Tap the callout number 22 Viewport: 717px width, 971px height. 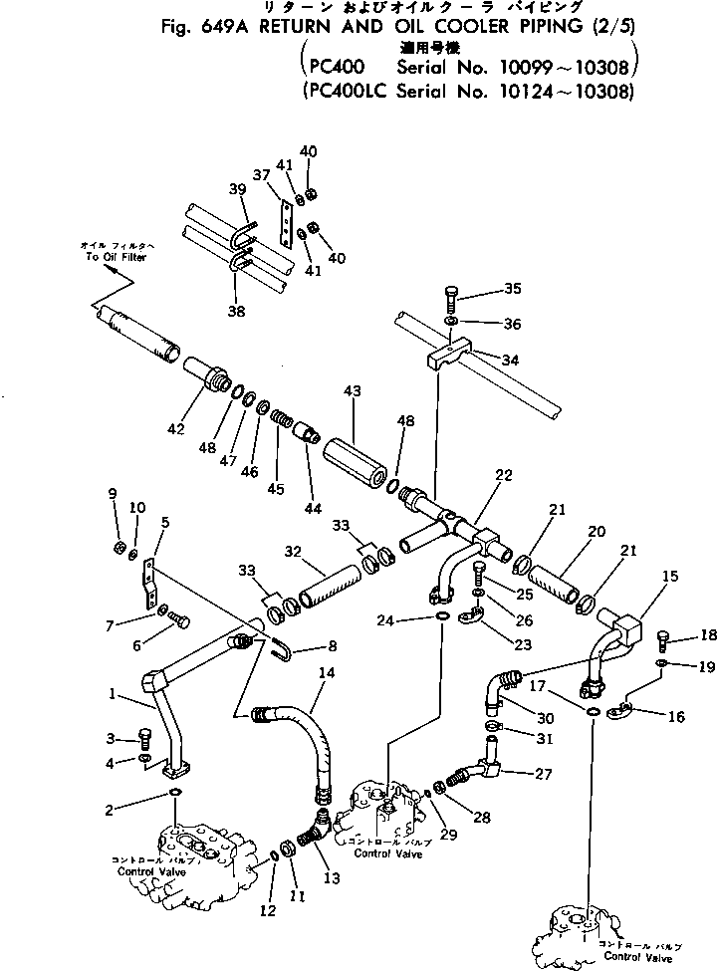[x=504, y=476]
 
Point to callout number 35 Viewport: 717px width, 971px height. [x=512, y=289]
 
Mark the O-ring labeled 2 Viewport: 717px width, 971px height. [x=174, y=793]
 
